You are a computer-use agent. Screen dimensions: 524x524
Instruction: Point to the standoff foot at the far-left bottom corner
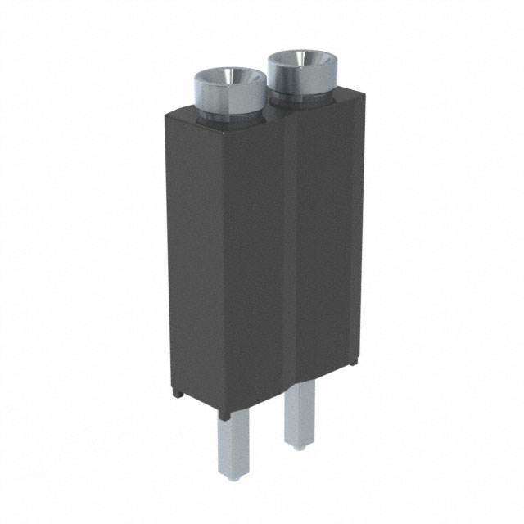pos(178,394)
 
